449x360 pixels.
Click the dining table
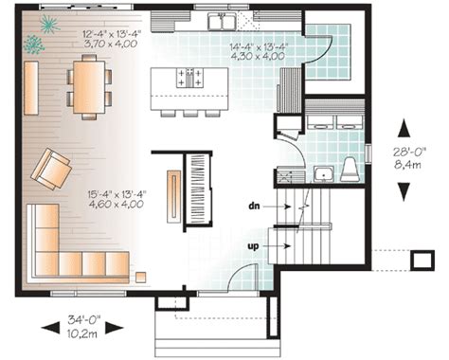coord(89,87)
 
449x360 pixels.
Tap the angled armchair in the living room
coord(51,169)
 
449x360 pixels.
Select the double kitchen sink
coord(222,21)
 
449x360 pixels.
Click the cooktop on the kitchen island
coord(189,78)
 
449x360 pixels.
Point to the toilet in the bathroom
coord(350,170)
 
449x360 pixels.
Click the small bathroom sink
coord(323,174)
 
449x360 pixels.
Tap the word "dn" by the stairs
coord(254,207)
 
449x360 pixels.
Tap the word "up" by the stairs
coord(253,246)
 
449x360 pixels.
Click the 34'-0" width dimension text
coord(83,319)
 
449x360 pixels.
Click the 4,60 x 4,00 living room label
coord(117,204)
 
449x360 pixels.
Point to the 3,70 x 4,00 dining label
coord(111,44)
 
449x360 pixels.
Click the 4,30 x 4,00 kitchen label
coord(258,57)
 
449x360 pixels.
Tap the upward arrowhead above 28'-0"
coord(404,127)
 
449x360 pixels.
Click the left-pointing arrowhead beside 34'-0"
coord(50,328)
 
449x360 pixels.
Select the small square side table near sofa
coord(141,277)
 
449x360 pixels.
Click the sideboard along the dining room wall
coord(31,88)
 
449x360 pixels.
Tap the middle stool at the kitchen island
coord(190,114)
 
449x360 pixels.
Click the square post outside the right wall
coord(422,261)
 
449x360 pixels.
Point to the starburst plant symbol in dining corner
coord(50,24)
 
